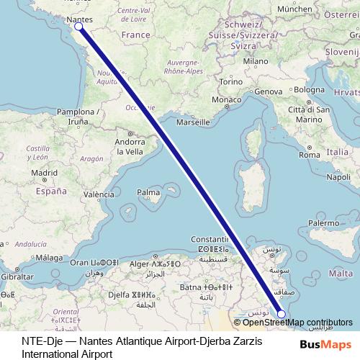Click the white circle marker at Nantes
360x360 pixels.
[78, 27]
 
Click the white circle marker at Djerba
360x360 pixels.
[282, 313]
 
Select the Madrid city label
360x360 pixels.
[44, 173]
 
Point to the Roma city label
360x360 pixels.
[309, 155]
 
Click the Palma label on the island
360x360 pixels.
[148, 193]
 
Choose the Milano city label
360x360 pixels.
[256, 62]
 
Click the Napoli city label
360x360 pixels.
[338, 176]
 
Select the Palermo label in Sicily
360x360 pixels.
[323, 224]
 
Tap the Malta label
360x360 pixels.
[340, 274]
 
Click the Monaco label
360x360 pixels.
[225, 99]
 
